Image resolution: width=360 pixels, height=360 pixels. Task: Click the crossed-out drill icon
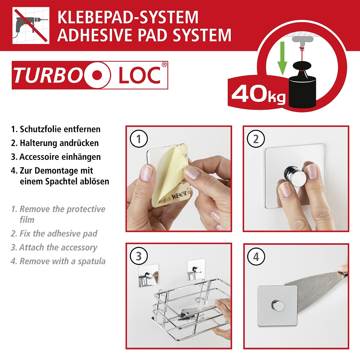[31, 26]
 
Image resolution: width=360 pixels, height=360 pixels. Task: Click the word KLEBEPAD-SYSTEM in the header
[128, 17]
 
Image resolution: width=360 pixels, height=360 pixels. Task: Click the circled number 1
[139, 139]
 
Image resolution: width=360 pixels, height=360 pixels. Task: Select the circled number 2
[256, 139]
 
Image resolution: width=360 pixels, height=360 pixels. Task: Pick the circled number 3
[139, 257]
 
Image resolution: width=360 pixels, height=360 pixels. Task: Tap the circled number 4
[256, 257]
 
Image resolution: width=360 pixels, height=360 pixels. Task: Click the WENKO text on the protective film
[181, 199]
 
